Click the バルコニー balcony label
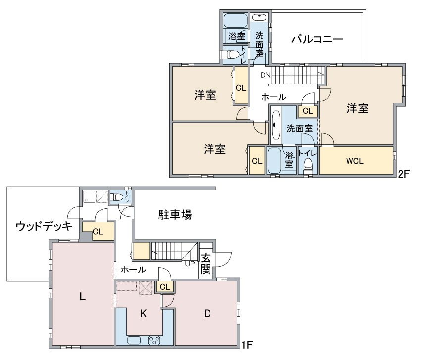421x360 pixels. (317, 39)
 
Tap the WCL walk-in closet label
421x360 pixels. (355, 161)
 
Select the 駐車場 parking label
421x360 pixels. (175, 215)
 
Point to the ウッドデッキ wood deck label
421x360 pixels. (44, 226)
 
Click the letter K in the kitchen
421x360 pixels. (143, 313)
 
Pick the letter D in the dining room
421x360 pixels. (207, 313)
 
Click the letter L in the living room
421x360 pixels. (83, 297)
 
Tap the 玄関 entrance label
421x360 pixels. (206, 264)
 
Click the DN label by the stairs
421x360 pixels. (265, 75)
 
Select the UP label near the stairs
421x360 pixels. (190, 264)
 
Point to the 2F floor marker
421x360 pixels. (403, 174)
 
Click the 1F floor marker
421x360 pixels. (247, 345)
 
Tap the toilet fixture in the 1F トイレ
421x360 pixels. (117, 197)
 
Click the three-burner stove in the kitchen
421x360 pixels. (154, 340)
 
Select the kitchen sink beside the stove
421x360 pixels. (134, 340)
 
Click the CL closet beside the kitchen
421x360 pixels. (165, 287)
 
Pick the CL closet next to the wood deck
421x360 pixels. (98, 231)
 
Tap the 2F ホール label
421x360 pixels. (273, 97)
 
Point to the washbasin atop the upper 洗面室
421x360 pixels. (259, 17)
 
